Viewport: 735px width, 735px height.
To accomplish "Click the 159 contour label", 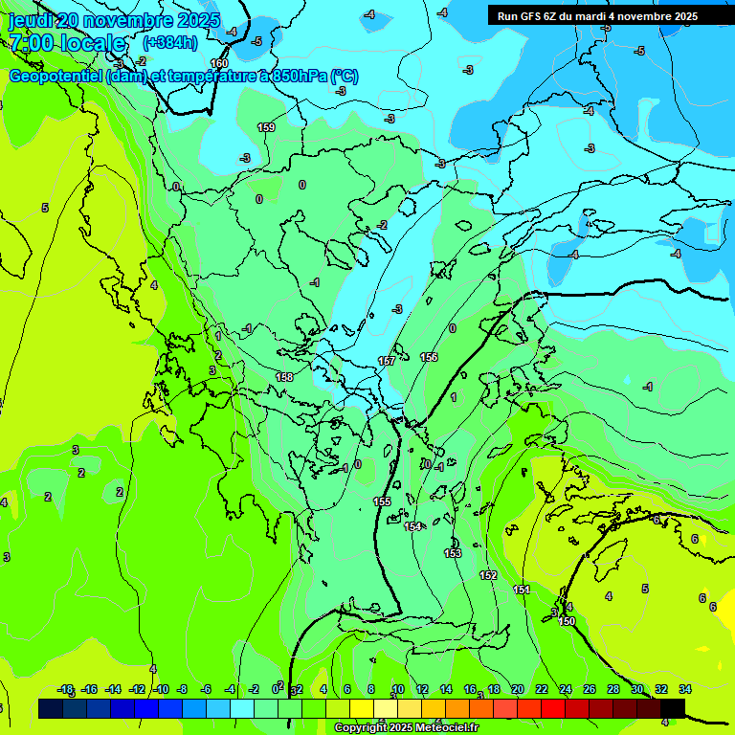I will click(266, 127).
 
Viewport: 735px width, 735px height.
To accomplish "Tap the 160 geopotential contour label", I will click(219, 63).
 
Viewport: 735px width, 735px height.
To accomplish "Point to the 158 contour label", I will click(284, 377).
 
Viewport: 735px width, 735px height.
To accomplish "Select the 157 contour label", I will click(387, 361).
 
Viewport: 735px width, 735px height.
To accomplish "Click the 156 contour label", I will click(429, 357).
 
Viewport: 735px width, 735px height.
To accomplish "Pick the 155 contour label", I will click(382, 501).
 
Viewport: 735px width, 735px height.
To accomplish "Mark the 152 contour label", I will click(488, 575).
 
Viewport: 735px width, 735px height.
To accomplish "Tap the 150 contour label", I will click(567, 621).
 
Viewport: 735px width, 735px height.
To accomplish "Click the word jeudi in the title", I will click(31, 20).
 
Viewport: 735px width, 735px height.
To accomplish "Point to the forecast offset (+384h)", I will click(170, 42).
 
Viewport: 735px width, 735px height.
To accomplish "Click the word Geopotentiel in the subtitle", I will click(56, 77).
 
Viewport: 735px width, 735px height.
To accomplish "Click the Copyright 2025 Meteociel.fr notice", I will click(406, 728).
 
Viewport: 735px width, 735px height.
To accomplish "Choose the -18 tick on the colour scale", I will click(66, 689).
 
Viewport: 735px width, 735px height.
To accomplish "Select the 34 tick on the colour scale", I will click(684, 689).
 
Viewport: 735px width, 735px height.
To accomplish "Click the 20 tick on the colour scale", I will click(518, 689).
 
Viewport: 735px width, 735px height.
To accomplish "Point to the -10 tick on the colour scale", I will click(161, 689).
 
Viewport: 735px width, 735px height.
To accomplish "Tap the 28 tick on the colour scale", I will click(613, 689).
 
